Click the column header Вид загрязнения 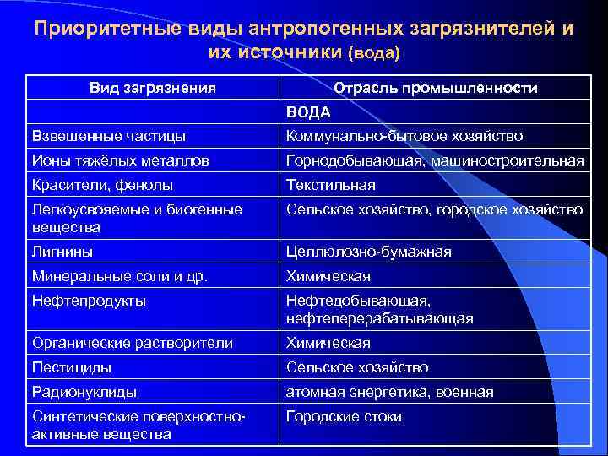[153, 88]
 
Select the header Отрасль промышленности [436, 88]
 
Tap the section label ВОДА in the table [308, 111]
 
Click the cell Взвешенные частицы [109, 136]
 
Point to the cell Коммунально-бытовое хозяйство [404, 136]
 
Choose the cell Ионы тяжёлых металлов [121, 160]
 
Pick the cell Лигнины [62, 252]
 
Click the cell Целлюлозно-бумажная [369, 252]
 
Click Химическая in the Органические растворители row [328, 343]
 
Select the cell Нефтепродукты [89, 301]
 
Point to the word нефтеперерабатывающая [380, 318]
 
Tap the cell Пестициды [72, 367]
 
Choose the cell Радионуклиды [84, 392]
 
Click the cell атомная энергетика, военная [390, 392]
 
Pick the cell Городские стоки [344, 416]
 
